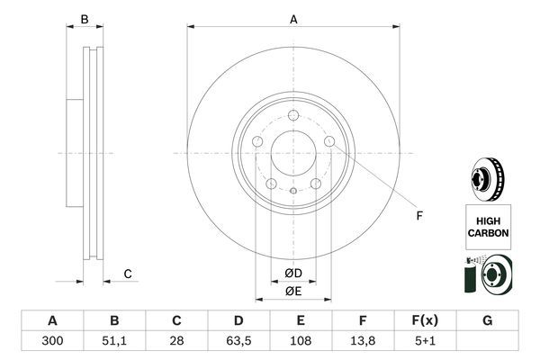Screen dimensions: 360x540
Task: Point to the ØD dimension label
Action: (x=293, y=274)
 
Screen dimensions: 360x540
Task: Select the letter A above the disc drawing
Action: (x=293, y=18)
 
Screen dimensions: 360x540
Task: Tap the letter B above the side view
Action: (x=85, y=19)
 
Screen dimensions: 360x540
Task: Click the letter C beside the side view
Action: (x=129, y=274)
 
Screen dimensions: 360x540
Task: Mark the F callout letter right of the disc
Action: (x=418, y=215)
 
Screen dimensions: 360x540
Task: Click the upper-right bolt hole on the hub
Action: (x=329, y=142)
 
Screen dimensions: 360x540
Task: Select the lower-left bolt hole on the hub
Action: (x=271, y=184)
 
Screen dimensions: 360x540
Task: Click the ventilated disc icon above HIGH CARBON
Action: (x=487, y=176)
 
